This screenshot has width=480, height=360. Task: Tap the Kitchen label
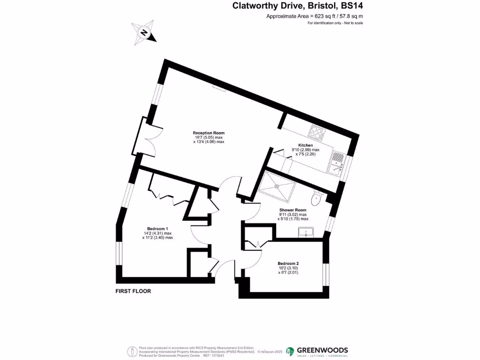coord(305,145)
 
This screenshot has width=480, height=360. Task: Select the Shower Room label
coord(293,210)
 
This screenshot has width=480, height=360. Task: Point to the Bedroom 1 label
coord(157,229)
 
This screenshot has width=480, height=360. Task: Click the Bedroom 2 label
coord(288,263)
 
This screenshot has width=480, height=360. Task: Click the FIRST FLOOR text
coord(133,291)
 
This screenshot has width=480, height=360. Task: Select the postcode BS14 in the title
coord(351,6)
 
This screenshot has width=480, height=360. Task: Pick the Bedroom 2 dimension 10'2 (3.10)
coord(288,268)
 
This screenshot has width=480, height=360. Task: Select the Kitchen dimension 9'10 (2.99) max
coord(305,150)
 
